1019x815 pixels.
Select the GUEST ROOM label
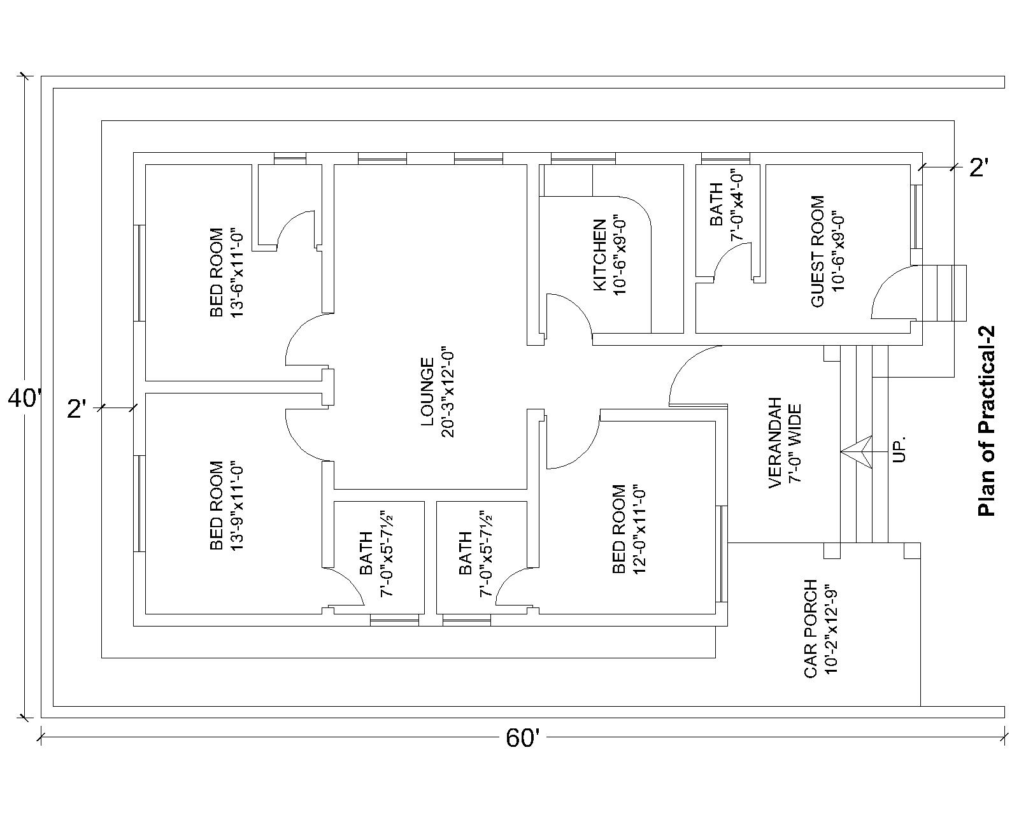click(818, 251)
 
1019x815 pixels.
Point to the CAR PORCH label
click(810, 628)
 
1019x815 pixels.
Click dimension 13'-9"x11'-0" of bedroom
click(237, 506)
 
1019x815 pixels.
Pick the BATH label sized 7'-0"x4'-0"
click(716, 205)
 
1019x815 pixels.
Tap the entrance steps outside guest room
click(944, 293)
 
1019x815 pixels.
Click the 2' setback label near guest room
click(979, 167)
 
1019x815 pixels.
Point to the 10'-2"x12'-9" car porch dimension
click(830, 628)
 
